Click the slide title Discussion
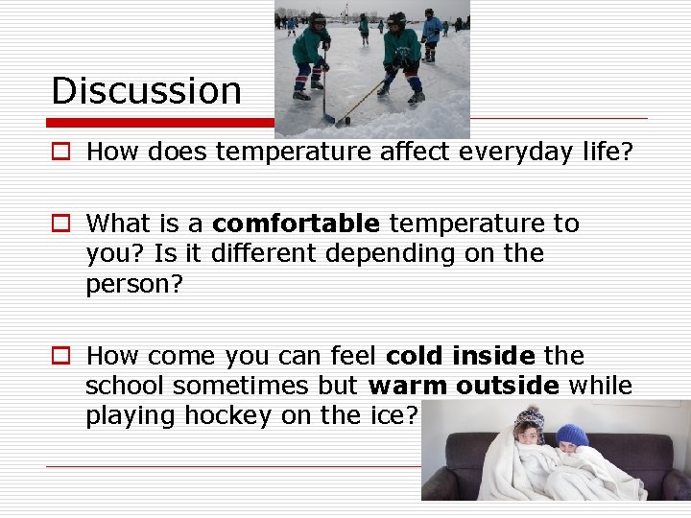pos(146,91)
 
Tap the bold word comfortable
pos(296,224)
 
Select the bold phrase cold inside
pos(460,357)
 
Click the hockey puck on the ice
pos(343,123)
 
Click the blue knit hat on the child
pos(572,435)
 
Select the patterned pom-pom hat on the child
pos(529,420)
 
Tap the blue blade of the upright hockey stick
pos(327,118)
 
